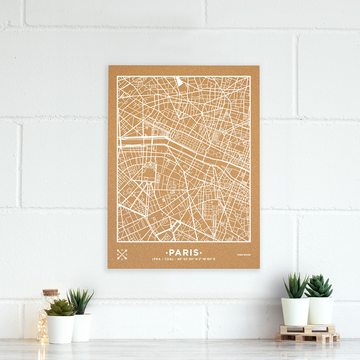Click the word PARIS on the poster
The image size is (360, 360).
click(184, 253)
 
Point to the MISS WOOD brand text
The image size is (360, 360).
click(244, 255)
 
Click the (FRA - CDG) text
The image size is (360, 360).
click(163, 259)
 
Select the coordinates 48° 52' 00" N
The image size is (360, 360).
click(187, 259)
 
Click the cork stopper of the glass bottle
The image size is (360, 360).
click(50, 292)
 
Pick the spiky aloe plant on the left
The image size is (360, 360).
click(80, 300)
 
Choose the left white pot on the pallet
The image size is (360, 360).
click(295, 311)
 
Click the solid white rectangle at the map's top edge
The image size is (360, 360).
click(179, 81)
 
